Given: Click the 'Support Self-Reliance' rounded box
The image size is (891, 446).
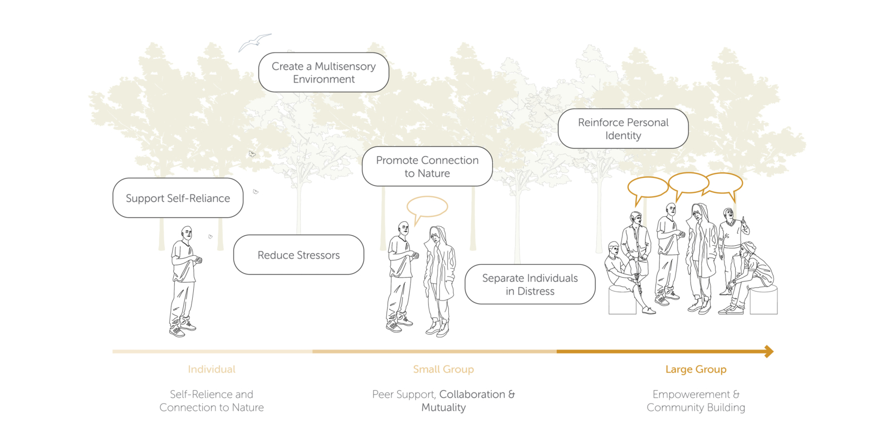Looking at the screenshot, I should (178, 198).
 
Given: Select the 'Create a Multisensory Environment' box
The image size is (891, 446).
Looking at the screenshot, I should (324, 72).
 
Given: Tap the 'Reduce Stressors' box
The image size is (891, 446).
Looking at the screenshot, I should (298, 255).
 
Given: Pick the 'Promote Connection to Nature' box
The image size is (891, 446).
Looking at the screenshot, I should (427, 166).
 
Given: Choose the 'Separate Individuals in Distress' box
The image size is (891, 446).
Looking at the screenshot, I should (530, 284).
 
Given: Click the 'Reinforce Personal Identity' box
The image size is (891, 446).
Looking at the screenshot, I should (623, 129).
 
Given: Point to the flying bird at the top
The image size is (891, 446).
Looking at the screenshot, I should (254, 42).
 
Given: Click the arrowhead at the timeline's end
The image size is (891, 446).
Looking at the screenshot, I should (769, 351).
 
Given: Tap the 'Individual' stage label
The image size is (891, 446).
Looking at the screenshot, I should (212, 369).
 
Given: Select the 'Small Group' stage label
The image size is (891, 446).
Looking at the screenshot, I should (443, 369).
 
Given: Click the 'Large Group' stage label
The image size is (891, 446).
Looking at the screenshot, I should (696, 369).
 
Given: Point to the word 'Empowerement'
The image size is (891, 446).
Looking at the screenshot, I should (691, 394).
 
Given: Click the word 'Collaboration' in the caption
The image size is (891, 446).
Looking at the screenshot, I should (472, 394).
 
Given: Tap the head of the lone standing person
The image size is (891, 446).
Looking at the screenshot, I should (187, 233).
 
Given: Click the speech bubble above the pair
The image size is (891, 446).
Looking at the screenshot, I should (427, 206).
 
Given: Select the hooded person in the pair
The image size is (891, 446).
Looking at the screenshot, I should (439, 279).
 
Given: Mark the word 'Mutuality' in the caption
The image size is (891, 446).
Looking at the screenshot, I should (443, 408).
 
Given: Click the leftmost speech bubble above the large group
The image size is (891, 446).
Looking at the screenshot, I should (648, 187).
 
